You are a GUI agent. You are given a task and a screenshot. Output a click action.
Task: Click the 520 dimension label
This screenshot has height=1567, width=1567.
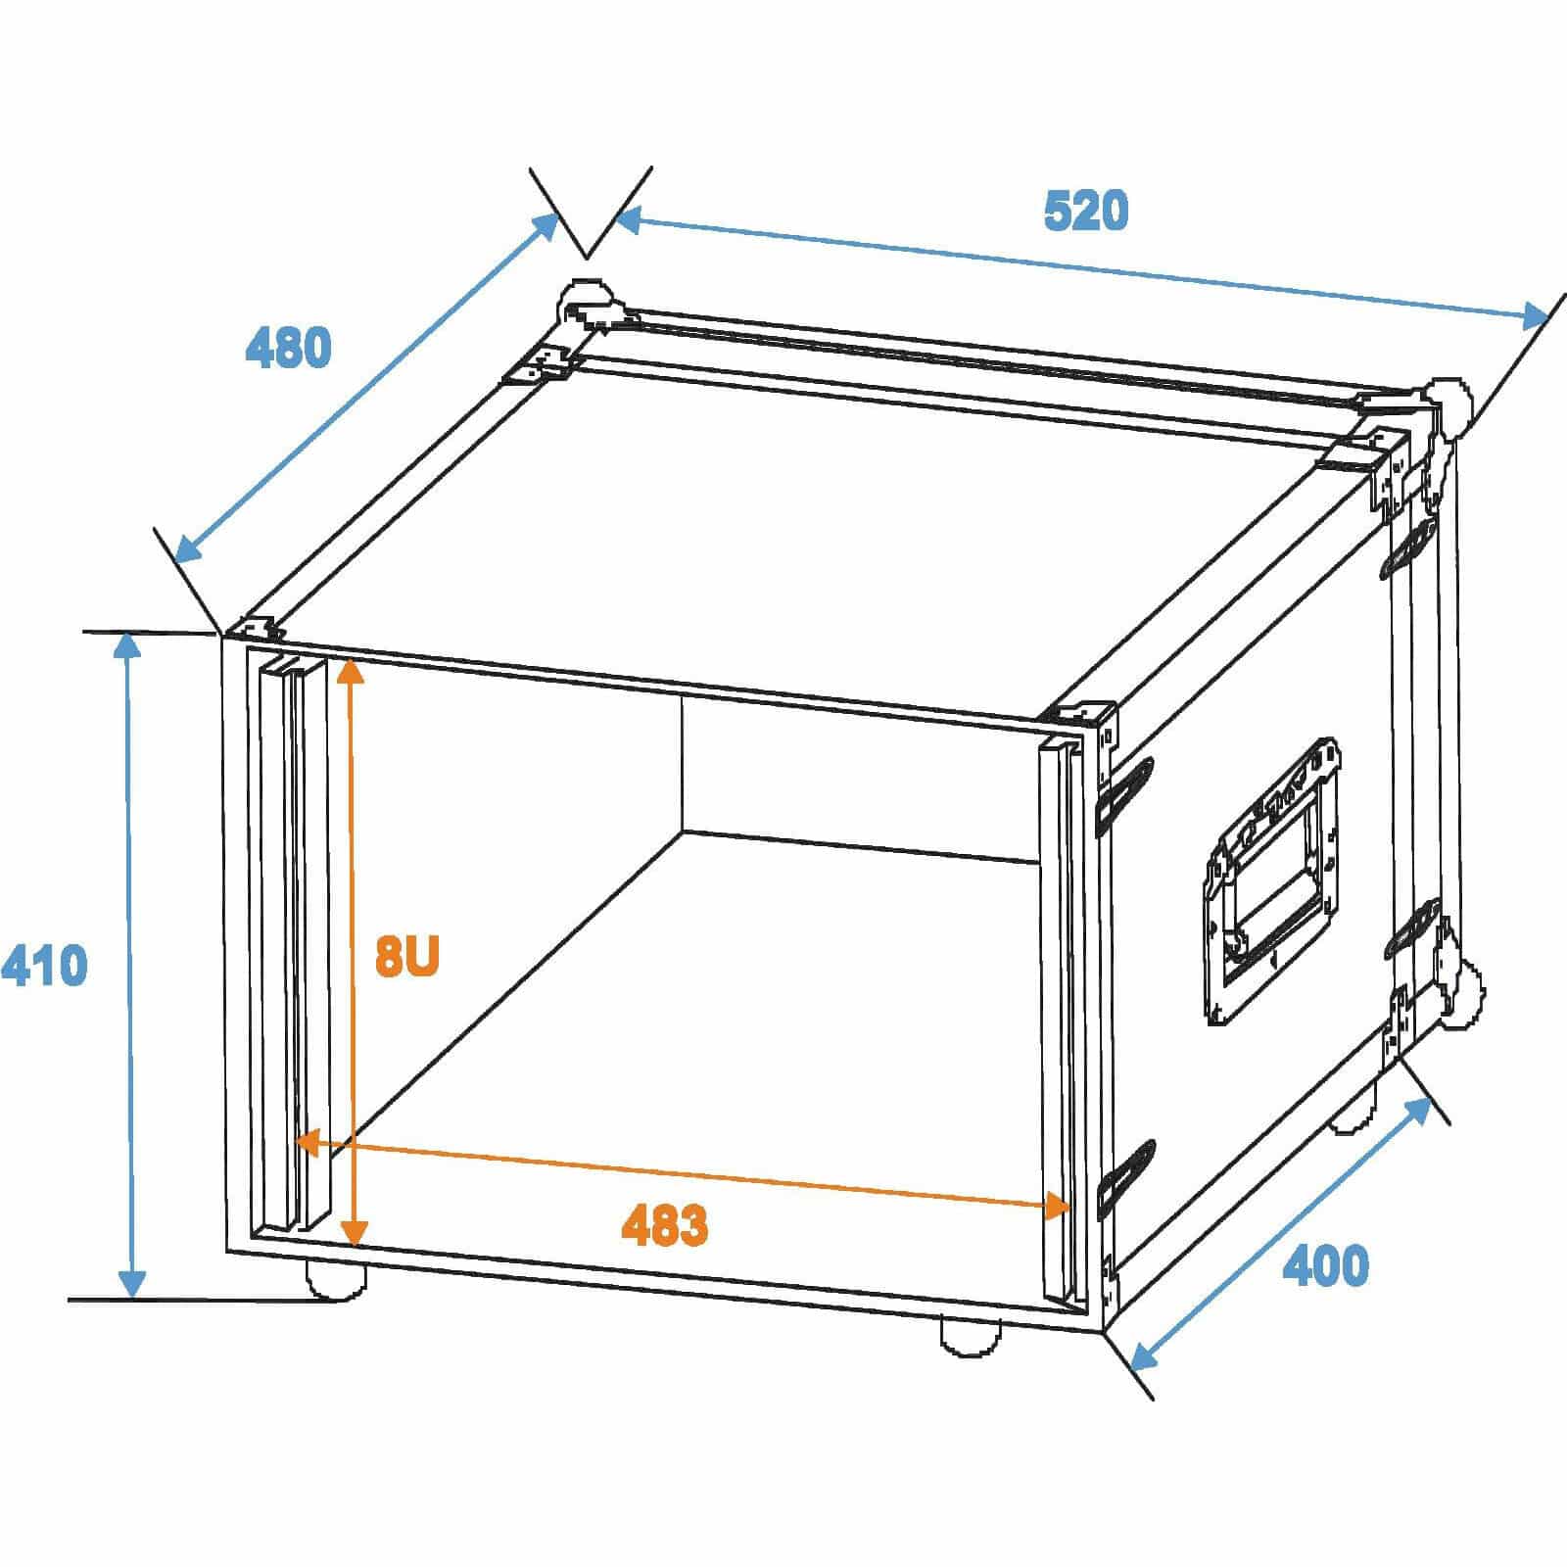tap(1086, 212)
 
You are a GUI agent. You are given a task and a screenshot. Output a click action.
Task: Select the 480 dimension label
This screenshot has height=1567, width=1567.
tap(288, 348)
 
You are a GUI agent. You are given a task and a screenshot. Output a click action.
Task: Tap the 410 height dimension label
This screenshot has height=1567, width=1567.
tap(44, 966)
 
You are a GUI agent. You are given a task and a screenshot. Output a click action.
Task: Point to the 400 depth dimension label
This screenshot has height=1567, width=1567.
tap(1326, 1266)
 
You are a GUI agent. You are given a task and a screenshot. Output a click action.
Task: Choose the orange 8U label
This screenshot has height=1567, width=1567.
tap(407, 957)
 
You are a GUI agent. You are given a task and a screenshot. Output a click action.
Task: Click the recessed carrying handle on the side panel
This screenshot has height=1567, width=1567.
tap(1272, 881)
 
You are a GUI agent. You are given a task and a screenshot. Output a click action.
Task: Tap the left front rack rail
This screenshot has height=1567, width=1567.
tap(294, 945)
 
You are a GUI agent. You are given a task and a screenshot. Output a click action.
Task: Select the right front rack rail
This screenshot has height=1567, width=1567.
tap(1065, 1023)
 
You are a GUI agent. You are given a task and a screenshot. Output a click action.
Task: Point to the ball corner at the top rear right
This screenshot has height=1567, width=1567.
tap(1447, 405)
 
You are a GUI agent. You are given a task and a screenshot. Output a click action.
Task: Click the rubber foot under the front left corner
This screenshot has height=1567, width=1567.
tap(336, 1278)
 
